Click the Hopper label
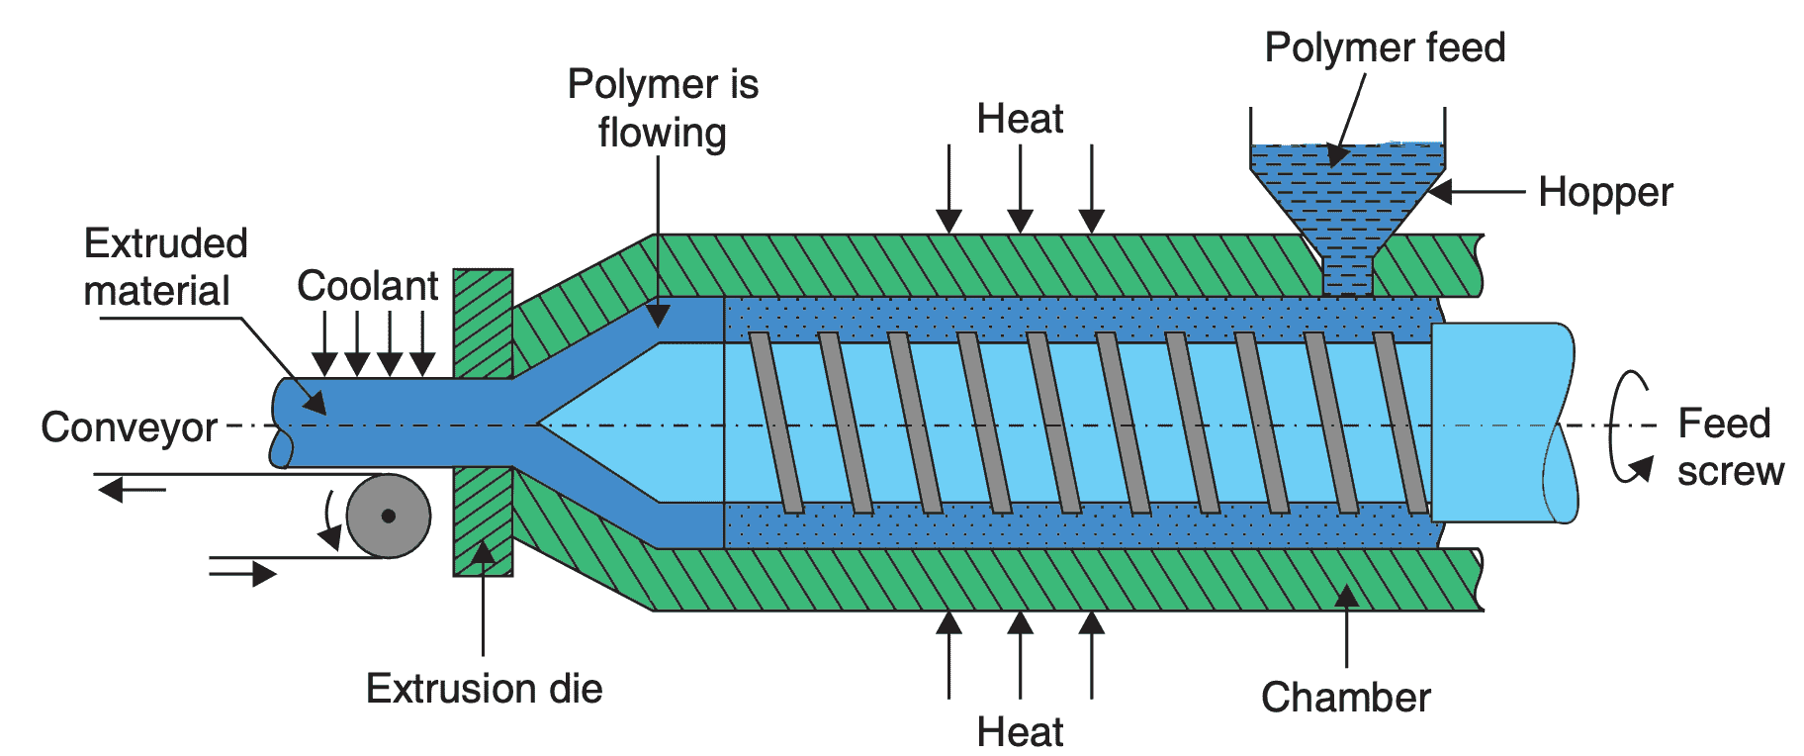coord(1604,192)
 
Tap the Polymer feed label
coord(1384,47)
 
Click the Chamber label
coord(1345,698)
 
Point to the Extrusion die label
coord(484,689)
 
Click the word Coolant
coord(367,286)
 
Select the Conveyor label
coord(129,427)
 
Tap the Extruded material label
coord(164,267)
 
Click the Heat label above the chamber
coord(1020,119)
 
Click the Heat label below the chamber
coord(1020,732)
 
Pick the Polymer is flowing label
coord(662,109)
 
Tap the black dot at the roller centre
coord(389,516)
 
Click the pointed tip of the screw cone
coord(540,425)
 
